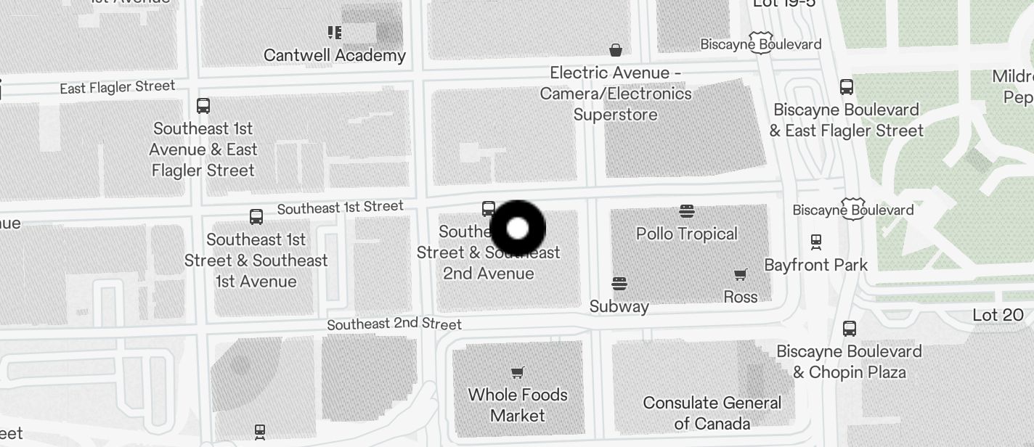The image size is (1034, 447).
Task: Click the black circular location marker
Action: click(x=518, y=229)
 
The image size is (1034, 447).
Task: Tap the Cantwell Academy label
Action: click(x=335, y=55)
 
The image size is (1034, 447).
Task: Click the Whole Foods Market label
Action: click(x=518, y=405)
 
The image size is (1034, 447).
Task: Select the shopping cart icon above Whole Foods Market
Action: click(x=518, y=373)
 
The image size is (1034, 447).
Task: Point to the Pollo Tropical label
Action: click(x=686, y=234)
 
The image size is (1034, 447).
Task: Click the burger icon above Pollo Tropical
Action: click(x=687, y=211)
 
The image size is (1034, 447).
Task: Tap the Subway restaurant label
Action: click(x=619, y=306)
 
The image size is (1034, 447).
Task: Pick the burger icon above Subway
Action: click(x=619, y=283)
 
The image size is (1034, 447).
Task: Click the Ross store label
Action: click(x=741, y=297)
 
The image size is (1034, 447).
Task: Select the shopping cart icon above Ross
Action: click(x=741, y=274)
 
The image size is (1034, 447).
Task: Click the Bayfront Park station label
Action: click(x=815, y=265)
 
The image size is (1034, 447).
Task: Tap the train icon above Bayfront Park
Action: click(x=816, y=242)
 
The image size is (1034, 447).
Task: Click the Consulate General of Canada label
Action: click(x=712, y=413)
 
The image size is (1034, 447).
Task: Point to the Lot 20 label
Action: click(x=998, y=315)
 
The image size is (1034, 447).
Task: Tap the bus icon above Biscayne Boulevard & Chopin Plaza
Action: click(x=850, y=329)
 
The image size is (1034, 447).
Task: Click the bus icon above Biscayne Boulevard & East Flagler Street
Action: click(x=847, y=87)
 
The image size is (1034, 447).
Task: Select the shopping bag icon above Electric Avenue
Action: click(x=616, y=50)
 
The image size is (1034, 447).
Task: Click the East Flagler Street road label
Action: click(x=118, y=87)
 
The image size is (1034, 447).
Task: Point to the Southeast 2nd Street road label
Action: click(x=394, y=324)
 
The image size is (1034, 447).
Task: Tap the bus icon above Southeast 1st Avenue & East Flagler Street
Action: click(x=203, y=106)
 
